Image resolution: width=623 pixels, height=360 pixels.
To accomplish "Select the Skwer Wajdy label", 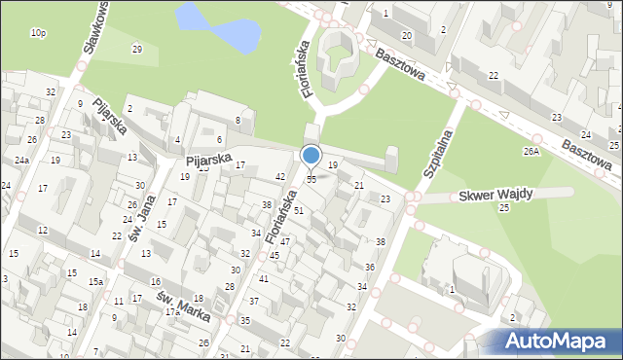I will (x=495, y=195).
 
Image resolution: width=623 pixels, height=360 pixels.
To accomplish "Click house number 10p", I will (x=38, y=33).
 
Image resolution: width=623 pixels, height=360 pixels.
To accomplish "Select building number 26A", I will (x=531, y=152).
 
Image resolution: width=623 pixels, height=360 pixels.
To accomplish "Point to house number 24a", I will (x=21, y=160).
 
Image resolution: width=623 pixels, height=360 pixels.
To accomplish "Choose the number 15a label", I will (x=95, y=282).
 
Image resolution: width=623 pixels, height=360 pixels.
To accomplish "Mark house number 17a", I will (x=172, y=312).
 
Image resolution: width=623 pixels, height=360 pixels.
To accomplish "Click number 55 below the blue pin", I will (x=311, y=180).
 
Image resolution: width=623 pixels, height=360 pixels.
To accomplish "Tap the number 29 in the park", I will (x=137, y=50).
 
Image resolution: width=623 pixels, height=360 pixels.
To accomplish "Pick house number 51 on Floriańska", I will (x=299, y=210).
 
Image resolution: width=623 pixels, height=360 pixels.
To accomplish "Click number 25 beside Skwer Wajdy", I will (x=504, y=208).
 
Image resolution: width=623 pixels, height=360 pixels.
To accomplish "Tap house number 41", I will (x=263, y=279).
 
